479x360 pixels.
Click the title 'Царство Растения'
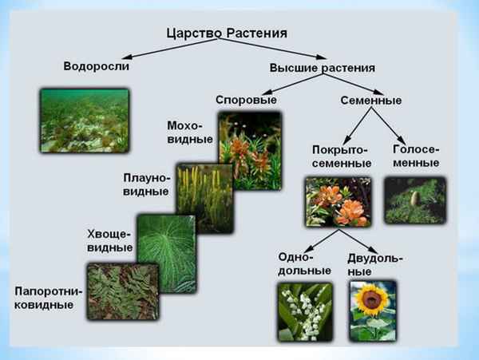(x=226, y=34)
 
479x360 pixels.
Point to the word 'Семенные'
(x=371, y=101)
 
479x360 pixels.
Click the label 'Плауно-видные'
(x=146, y=184)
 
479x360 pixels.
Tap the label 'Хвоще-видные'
(x=109, y=240)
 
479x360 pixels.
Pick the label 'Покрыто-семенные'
(x=342, y=156)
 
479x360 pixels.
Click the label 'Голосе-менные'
(x=417, y=156)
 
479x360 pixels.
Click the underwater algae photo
(x=84, y=121)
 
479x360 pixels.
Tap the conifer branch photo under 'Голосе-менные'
(x=414, y=200)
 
